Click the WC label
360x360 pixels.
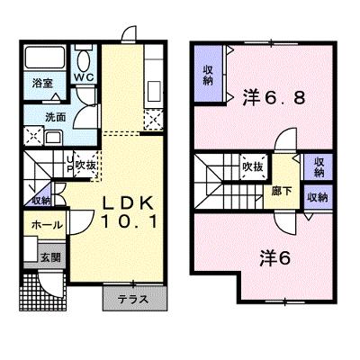(84, 77)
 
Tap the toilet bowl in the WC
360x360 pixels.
(84, 59)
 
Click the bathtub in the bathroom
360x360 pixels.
(45, 57)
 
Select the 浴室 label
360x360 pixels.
(42, 84)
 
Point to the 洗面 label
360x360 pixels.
(56, 117)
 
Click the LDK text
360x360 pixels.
(129, 202)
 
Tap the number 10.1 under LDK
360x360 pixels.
(129, 222)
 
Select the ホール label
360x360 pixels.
(47, 224)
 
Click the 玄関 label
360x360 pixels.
(50, 257)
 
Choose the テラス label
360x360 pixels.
(133, 300)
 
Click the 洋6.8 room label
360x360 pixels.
(274, 97)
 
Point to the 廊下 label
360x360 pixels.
(282, 191)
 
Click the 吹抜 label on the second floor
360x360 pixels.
(253, 166)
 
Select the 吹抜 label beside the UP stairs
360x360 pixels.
(85, 166)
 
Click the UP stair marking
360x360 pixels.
(69, 164)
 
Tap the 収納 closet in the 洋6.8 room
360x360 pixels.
(208, 74)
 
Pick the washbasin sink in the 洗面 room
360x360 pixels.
(54, 138)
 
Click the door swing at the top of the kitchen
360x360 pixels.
(129, 32)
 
